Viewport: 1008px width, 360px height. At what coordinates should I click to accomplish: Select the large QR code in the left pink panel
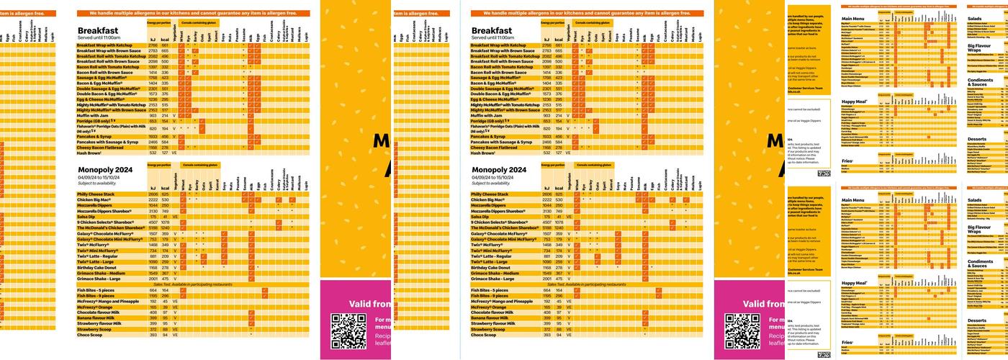coord(348,330)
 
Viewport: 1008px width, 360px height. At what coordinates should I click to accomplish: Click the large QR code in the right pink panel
coord(742,330)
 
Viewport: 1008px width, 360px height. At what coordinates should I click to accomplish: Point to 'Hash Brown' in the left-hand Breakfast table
coord(91,153)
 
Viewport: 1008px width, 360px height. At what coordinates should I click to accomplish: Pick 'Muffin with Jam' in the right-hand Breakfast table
coord(490,115)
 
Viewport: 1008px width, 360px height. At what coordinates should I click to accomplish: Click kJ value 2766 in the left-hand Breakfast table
coord(153,45)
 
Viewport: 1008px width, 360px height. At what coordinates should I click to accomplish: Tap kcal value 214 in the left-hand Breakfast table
coord(165,115)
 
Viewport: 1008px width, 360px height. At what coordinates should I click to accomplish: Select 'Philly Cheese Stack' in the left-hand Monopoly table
coord(96,194)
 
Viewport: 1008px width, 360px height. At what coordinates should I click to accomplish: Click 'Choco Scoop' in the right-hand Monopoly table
coord(486,335)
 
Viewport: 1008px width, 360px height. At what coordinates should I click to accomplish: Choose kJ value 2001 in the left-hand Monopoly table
coord(153,279)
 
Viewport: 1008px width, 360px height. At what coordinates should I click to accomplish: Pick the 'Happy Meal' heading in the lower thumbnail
coord(855,283)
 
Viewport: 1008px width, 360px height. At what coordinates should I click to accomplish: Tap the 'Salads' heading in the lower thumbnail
coord(975,199)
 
